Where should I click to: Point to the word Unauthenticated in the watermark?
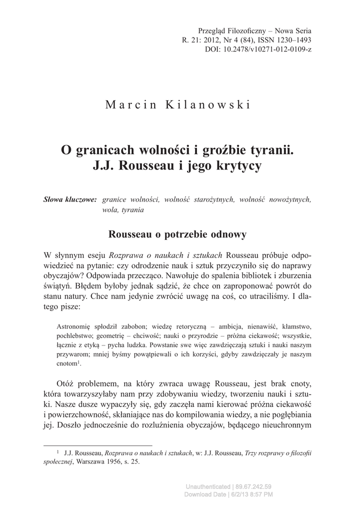(x=207, y=486)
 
